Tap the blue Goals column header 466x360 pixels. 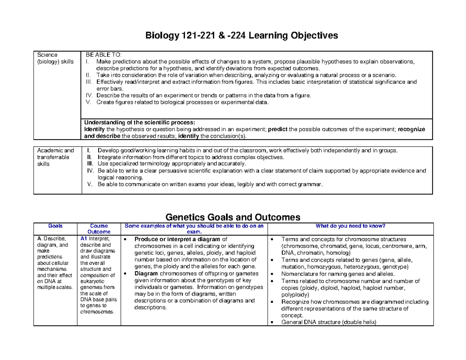tap(55, 226)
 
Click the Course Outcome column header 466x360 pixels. tap(99, 229)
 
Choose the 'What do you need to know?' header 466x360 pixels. tap(349, 226)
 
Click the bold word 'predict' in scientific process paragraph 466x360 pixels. tap(278, 129)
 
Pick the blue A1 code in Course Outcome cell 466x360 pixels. tap(83, 239)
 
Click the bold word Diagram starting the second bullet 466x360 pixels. tap(146, 274)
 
